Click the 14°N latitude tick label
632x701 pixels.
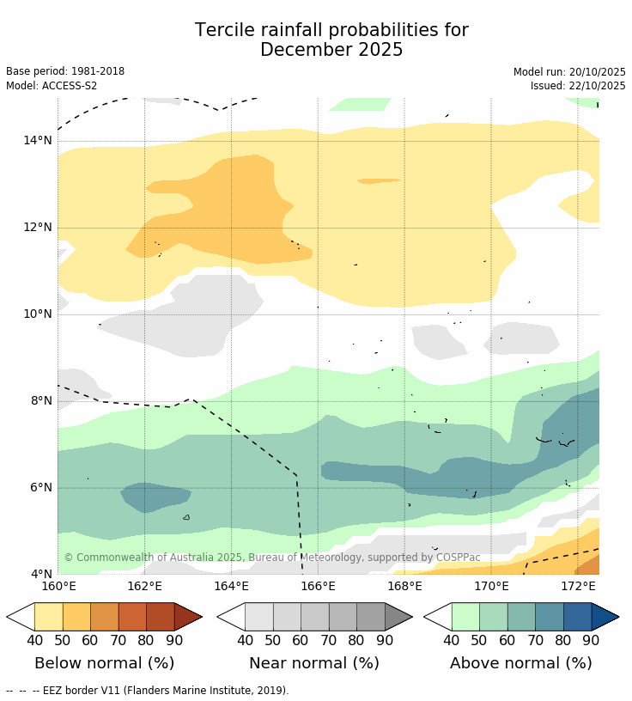point(38,141)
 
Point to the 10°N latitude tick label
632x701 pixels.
point(38,314)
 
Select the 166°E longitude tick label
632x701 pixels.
point(318,587)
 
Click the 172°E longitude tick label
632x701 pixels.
point(578,587)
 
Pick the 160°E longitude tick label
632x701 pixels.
point(58,587)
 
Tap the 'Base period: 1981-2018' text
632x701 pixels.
point(65,71)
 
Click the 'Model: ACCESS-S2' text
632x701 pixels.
point(52,86)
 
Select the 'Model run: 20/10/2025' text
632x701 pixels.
point(569,71)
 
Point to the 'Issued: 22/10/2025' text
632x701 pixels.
point(578,86)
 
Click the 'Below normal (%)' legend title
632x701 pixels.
point(104,663)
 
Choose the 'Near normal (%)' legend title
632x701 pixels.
point(314,663)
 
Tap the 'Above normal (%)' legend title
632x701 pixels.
point(521,663)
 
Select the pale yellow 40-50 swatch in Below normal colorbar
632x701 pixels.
point(48,617)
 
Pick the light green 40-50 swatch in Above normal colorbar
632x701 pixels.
point(465,617)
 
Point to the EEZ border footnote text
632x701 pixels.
point(147,690)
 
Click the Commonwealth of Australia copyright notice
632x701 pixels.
point(272,558)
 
